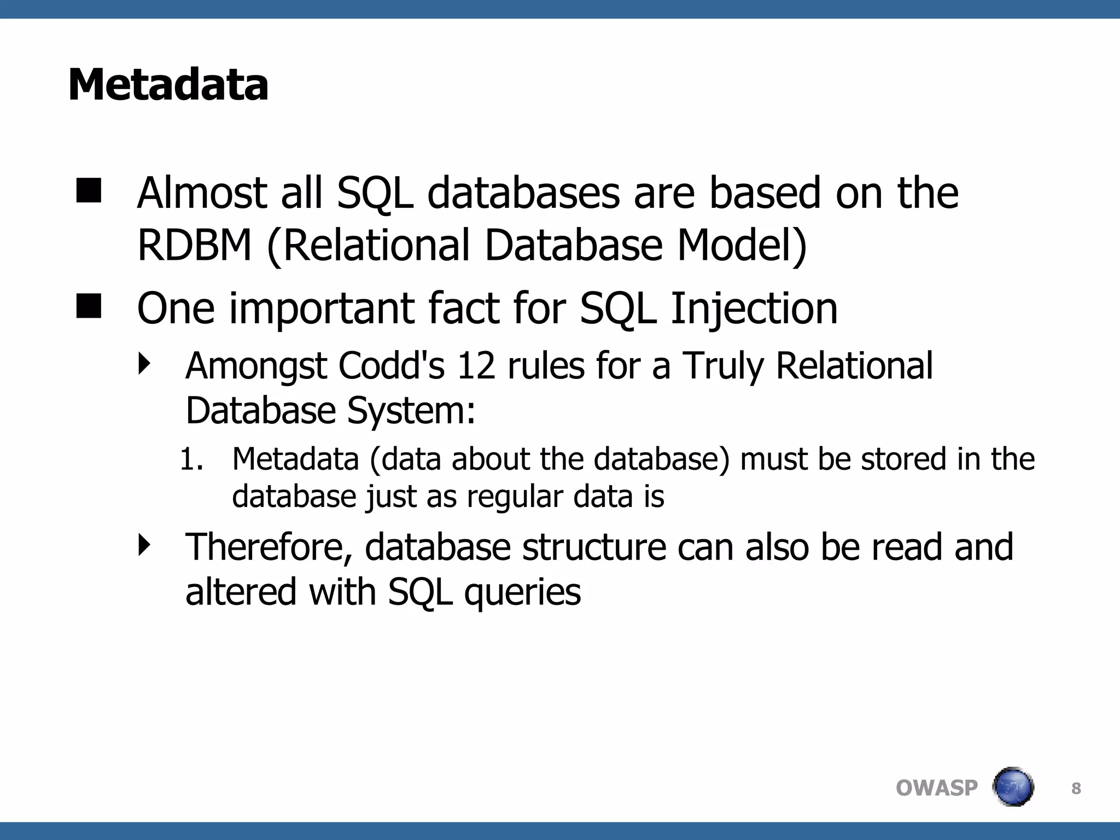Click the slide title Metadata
pos(168,85)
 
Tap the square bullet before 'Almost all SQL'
pos(89,191)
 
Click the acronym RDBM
pos(194,245)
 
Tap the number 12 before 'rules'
pos(476,365)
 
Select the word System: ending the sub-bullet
pos(411,411)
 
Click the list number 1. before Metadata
pos(191,459)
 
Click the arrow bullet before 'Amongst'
pos(144,364)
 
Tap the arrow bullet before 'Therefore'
pos(144,545)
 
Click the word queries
pos(522,593)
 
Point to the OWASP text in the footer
pos(936,788)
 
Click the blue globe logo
pos(1013,787)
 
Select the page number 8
pos(1076,789)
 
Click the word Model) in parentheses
pos(742,245)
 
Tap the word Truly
pos(723,366)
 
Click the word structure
pos(594,547)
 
